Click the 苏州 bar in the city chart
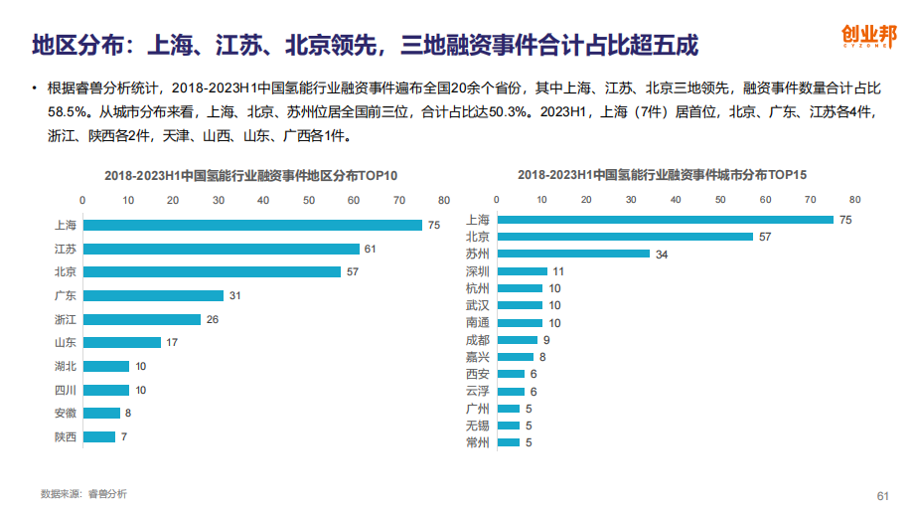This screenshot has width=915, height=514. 572,254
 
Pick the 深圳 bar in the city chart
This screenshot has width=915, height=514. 522,270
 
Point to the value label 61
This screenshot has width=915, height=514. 370,249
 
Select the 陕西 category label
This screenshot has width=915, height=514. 66,436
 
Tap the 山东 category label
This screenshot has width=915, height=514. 66,342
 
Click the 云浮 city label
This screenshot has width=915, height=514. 477,392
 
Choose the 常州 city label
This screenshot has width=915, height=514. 477,442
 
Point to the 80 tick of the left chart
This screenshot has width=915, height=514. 443,201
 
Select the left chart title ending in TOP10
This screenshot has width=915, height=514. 251,175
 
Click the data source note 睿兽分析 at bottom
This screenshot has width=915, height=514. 83,494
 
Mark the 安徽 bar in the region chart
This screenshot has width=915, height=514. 102,413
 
